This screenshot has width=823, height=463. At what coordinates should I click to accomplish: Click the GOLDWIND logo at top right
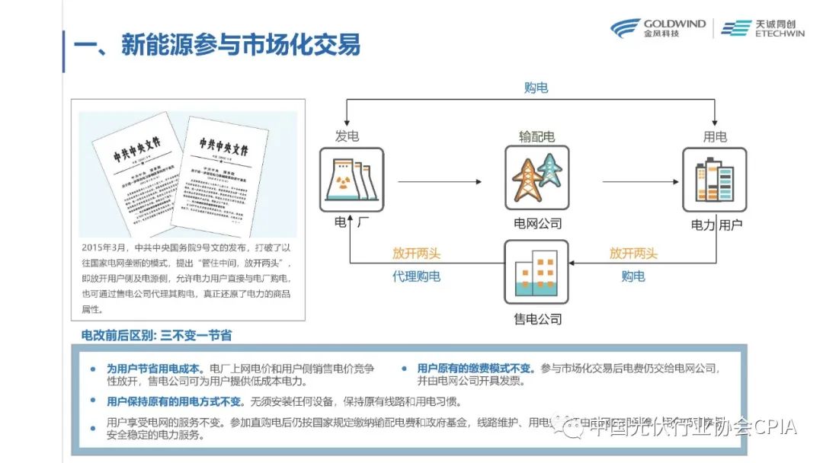(657, 28)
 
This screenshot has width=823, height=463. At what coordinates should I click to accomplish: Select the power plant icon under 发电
(351, 180)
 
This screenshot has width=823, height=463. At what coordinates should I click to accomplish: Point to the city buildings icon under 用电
(714, 180)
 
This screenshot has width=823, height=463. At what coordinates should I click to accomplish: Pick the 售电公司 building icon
(536, 273)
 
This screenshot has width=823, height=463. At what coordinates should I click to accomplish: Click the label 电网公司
(537, 223)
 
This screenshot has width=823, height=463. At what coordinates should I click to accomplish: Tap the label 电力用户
(716, 225)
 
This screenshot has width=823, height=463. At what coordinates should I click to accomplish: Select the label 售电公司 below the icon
(537, 318)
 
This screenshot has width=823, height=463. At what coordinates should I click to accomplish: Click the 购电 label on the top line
(536, 88)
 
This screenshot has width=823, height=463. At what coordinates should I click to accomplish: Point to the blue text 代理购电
(416, 276)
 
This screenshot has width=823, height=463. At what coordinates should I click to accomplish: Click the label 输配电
(536, 136)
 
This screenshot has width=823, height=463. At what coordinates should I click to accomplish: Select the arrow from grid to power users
(640, 181)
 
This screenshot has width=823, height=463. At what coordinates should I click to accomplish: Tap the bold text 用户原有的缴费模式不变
(476, 368)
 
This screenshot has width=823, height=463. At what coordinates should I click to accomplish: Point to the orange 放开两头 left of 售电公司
(416, 254)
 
